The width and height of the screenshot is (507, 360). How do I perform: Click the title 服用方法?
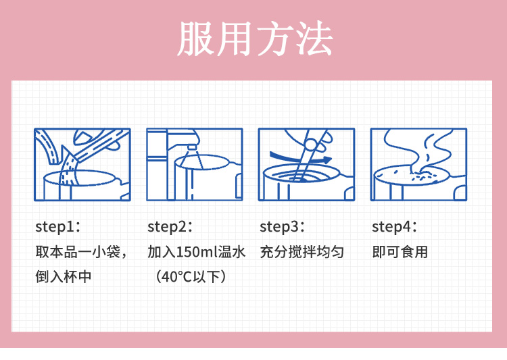click(x=255, y=38)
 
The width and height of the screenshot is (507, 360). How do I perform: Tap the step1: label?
click(x=58, y=226)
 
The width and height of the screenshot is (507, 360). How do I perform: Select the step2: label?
click(x=170, y=226)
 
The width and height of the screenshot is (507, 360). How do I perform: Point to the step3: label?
click(x=283, y=226)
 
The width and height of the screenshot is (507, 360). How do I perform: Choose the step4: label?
click(x=395, y=226)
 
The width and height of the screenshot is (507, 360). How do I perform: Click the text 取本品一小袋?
click(x=78, y=252)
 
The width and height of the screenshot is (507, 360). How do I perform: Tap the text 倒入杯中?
click(x=64, y=277)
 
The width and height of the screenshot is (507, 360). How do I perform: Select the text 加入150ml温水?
click(x=197, y=252)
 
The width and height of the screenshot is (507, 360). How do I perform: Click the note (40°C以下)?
click(x=191, y=277)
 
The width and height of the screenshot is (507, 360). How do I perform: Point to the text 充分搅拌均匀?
click(x=302, y=252)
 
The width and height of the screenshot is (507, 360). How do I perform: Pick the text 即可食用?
click(x=400, y=252)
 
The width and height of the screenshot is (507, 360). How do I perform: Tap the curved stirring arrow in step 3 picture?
click(x=300, y=157)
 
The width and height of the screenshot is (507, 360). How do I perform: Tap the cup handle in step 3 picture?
click(x=347, y=187)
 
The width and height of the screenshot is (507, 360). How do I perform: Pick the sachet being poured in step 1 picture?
click(x=100, y=145)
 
